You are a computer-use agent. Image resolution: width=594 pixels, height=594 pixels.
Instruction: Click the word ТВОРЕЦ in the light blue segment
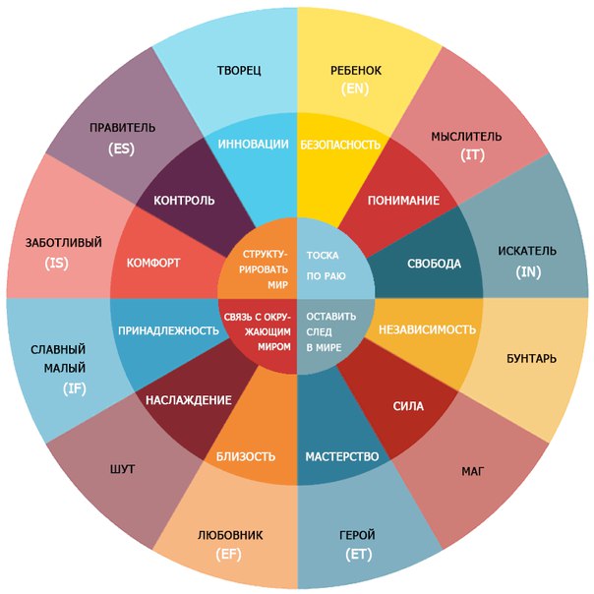(x=239, y=71)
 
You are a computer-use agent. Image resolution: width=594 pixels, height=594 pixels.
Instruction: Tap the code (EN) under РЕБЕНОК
(x=355, y=89)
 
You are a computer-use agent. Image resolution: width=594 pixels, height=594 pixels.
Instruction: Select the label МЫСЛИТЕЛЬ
(x=466, y=137)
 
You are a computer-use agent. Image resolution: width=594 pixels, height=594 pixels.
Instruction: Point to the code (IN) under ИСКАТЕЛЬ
(x=528, y=272)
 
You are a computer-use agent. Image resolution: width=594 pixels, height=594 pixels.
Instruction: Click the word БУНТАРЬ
(x=531, y=358)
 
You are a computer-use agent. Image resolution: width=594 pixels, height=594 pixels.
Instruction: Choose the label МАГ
(x=473, y=471)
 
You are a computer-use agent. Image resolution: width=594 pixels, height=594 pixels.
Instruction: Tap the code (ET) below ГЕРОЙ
(x=358, y=555)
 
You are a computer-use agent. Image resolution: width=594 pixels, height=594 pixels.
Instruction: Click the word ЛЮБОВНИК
(x=230, y=535)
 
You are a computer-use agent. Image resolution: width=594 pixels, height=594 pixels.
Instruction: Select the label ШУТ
(x=122, y=469)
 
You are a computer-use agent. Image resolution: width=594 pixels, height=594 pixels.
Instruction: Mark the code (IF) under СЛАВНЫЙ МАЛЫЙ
(x=75, y=388)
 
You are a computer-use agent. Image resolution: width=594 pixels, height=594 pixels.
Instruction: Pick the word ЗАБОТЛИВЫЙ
(x=64, y=243)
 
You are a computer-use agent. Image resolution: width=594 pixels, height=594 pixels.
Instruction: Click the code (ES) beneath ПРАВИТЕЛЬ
(x=121, y=148)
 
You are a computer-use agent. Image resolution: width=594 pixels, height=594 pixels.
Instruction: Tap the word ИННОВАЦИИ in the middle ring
(x=253, y=144)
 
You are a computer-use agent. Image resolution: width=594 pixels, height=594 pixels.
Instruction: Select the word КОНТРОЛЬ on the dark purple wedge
(x=184, y=200)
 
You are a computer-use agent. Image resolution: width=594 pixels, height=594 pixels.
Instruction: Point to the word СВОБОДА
(x=434, y=264)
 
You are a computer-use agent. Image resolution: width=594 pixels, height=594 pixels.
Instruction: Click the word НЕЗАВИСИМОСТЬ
(x=428, y=329)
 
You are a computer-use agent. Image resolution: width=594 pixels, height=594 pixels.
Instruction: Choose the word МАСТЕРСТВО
(x=342, y=456)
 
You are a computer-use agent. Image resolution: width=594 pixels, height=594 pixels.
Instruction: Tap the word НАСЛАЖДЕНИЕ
(x=189, y=400)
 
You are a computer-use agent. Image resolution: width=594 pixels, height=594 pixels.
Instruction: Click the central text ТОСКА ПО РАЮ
(x=327, y=266)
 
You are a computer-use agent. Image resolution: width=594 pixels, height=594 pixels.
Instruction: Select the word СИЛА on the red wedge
(x=408, y=406)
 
